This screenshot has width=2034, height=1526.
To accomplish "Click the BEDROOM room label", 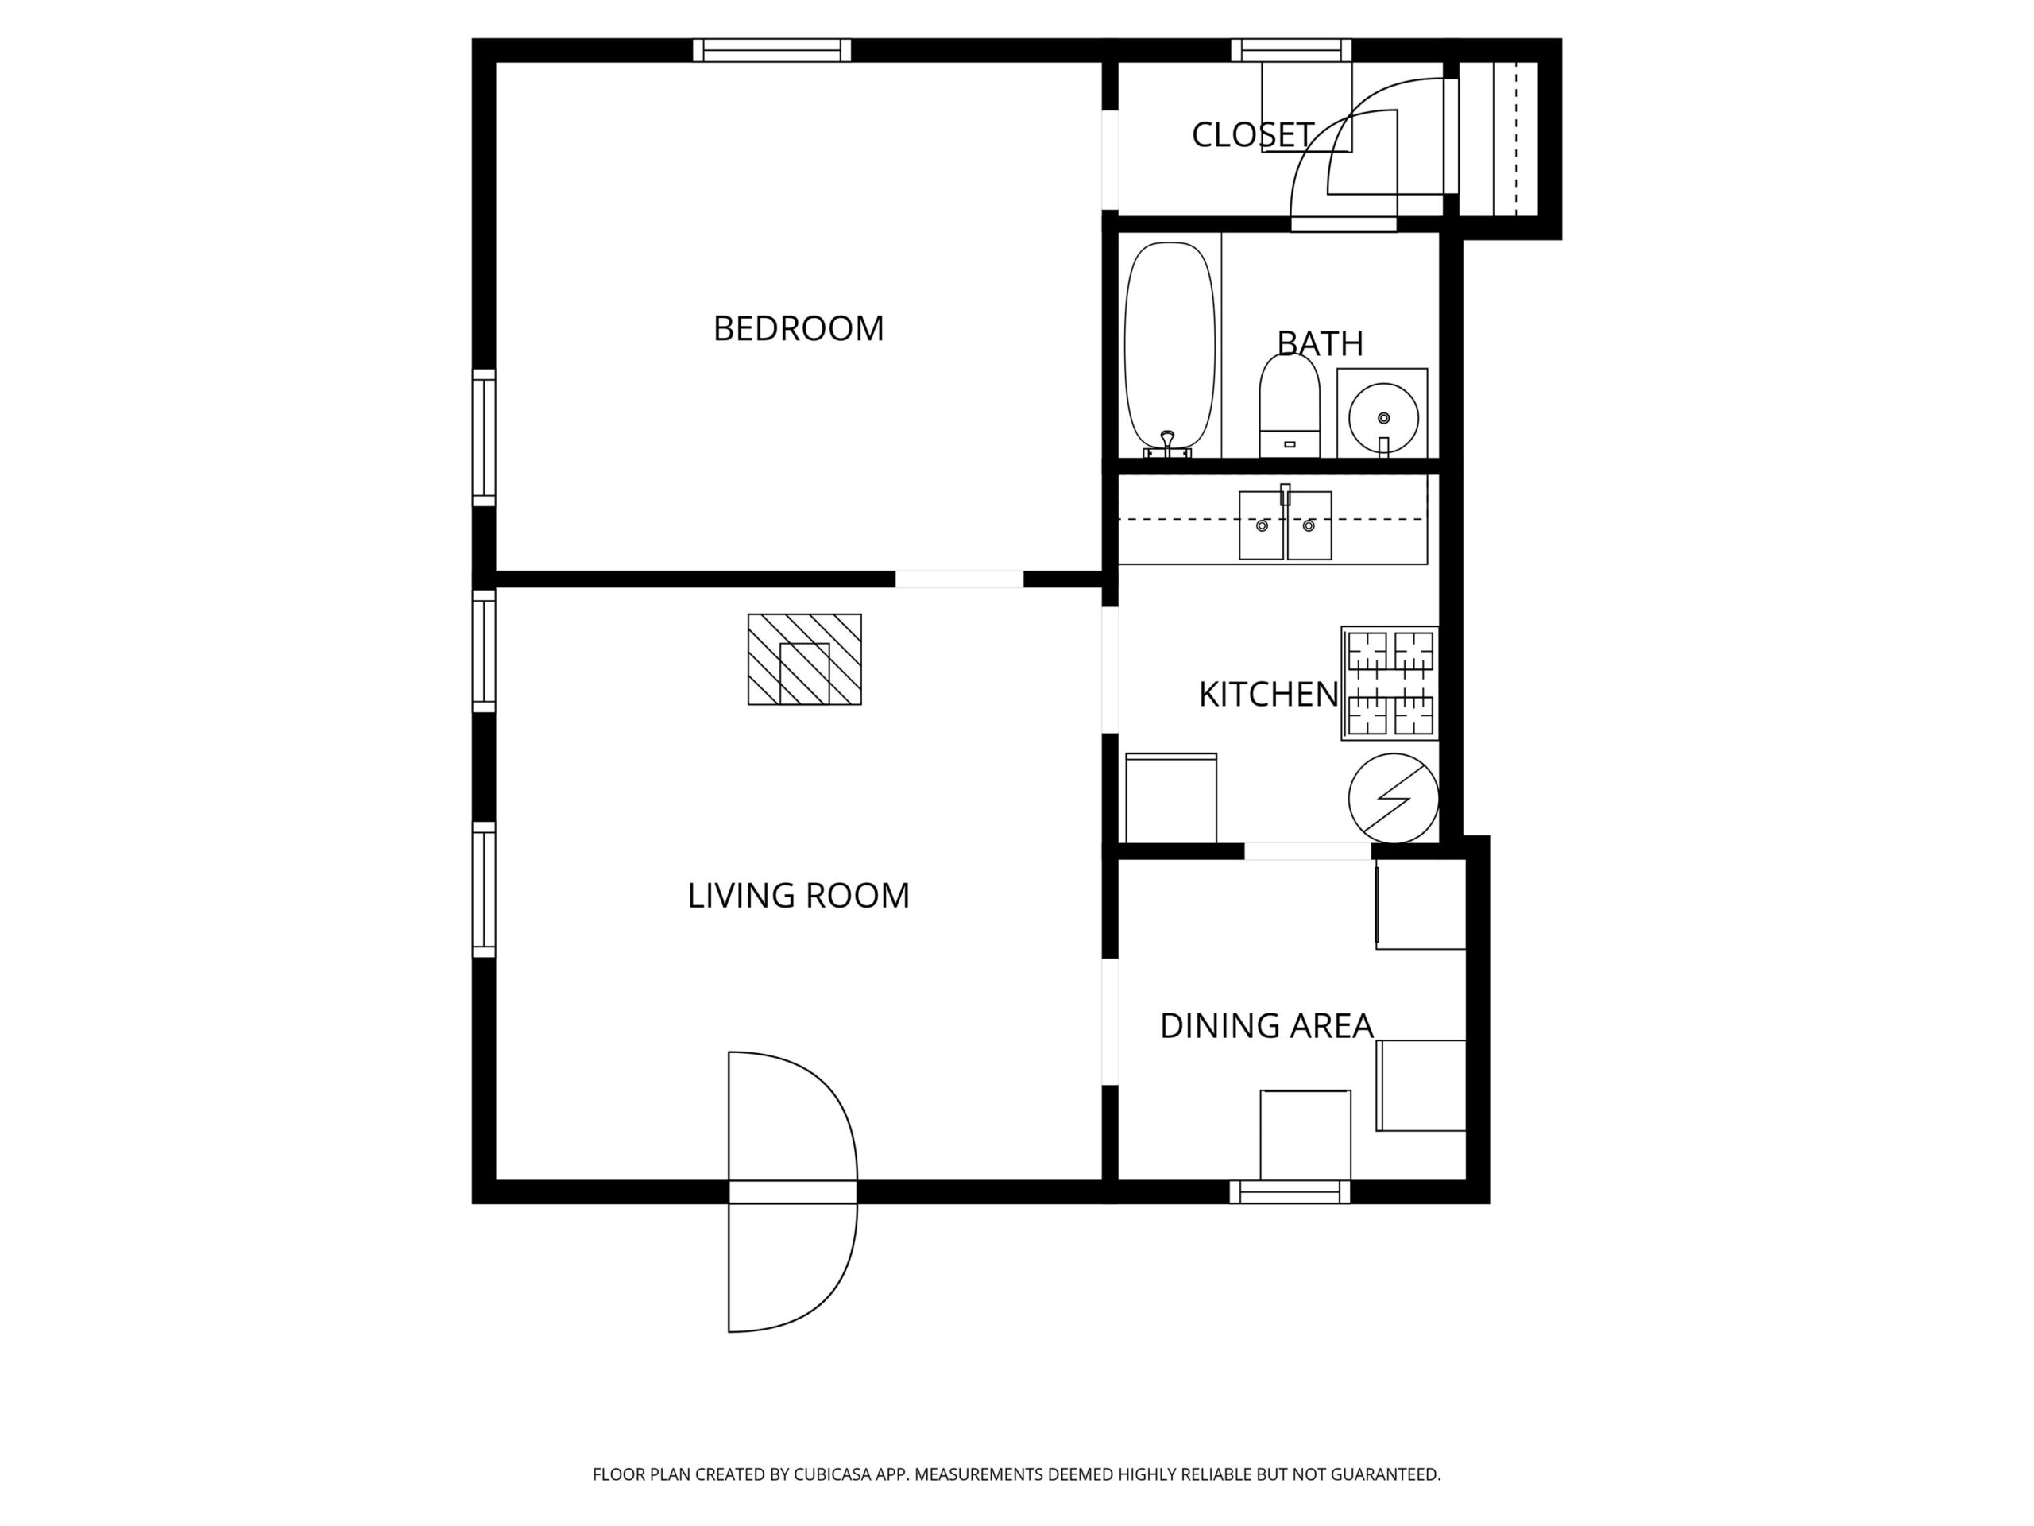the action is pos(799,328).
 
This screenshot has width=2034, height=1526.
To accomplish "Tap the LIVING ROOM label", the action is pos(799,895).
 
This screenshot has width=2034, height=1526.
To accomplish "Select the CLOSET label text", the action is pos(1252,134).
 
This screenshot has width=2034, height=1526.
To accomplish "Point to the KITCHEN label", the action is pos(1268,695).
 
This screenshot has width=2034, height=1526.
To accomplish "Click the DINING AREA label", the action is pos(1266,1025).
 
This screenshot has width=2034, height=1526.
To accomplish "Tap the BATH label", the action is pos(1320,343).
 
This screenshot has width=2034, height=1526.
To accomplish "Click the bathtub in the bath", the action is pos(1169,350).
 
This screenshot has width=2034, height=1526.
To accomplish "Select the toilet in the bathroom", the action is pos(1290,405).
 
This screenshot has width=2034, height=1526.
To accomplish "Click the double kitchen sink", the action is pos(1285,525).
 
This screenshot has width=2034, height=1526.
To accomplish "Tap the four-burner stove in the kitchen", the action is pos(1390,684).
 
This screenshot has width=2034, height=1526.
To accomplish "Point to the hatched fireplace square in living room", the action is pos(805,660).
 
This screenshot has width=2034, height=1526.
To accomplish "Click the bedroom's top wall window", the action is pos(771,49).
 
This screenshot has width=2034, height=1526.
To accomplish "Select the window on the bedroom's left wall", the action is pos(484,438).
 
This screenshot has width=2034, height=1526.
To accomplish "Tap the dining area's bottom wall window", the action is pos(1290,1192).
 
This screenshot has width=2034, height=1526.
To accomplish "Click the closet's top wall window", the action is pos(1291,49).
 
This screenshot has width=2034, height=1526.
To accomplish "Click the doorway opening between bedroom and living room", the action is pos(959,579).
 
